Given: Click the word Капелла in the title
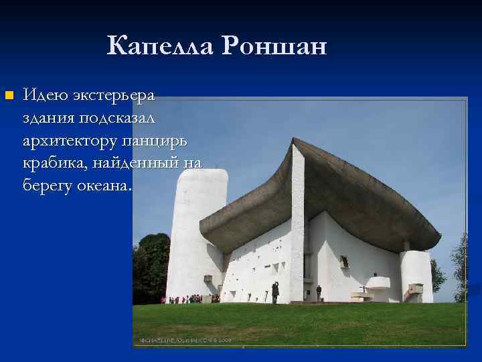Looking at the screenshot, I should click(161, 46).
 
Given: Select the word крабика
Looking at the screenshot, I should click(54, 164).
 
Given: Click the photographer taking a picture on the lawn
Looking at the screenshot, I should click(274, 292).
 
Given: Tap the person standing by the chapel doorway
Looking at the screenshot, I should click(319, 292).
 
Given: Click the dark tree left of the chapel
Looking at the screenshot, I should click(151, 268).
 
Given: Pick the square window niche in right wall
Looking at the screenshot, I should click(344, 262).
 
